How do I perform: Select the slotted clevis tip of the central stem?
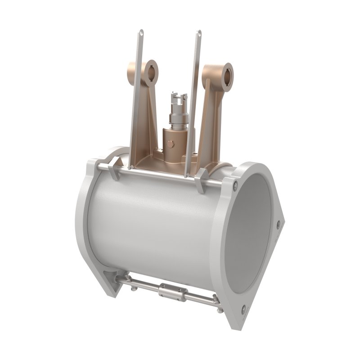[x=176, y=97]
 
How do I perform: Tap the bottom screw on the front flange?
[x=243, y=308]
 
